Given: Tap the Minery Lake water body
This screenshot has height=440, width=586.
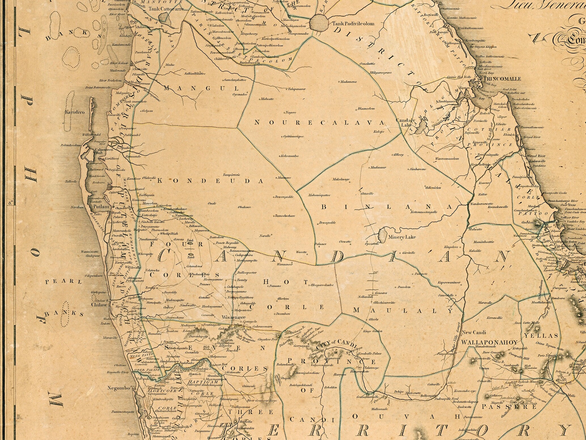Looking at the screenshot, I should point(384,236).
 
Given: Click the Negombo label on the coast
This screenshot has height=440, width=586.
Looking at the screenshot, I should point(119,388).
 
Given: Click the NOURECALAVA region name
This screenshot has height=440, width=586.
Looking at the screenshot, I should point(320,123).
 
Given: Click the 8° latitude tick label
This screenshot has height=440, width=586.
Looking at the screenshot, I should point(10,203).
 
